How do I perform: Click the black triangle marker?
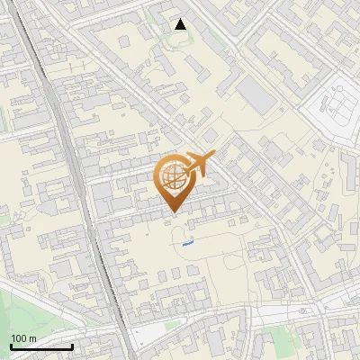tap(181, 24)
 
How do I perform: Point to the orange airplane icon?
tap(199, 164)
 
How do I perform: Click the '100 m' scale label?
tap(23, 338)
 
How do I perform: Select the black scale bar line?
tap(41, 346)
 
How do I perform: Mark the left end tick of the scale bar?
tap(11, 346)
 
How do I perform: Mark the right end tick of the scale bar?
tap(72, 346)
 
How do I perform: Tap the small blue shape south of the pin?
tap(187, 241)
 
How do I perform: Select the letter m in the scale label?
tap(32, 338)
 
